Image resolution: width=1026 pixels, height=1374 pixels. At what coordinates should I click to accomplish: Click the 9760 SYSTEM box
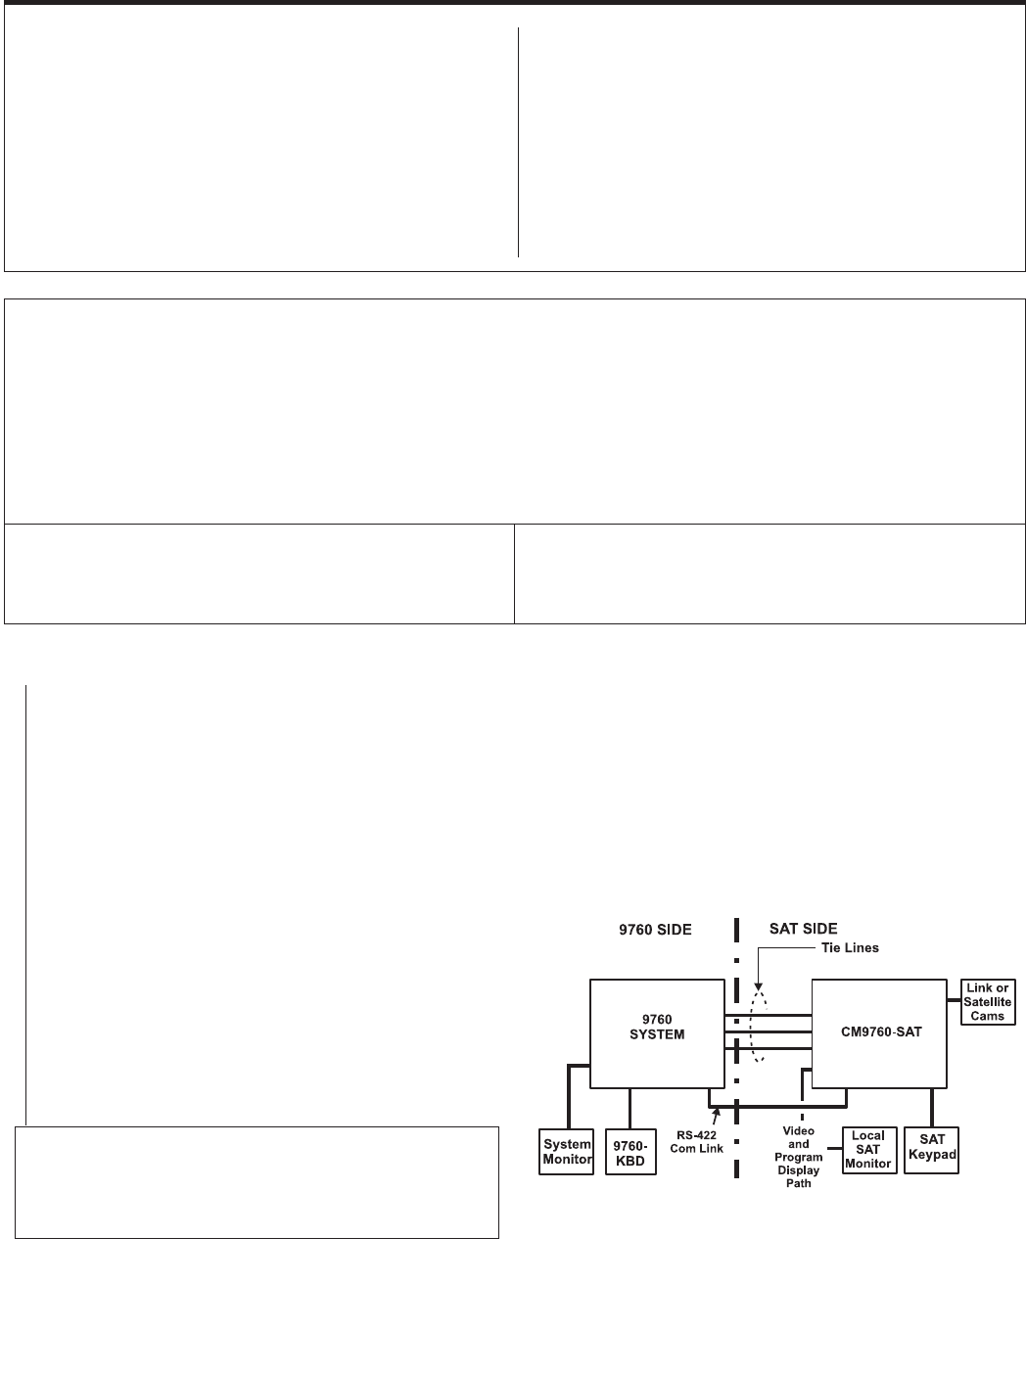click(657, 1032)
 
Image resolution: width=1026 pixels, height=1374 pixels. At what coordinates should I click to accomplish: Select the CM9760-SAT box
click(878, 1032)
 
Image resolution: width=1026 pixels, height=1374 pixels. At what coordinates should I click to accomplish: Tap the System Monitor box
click(567, 1151)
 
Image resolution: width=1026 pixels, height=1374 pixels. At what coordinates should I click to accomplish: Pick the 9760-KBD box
click(630, 1151)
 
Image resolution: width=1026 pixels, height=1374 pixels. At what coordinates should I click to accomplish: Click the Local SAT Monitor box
click(868, 1150)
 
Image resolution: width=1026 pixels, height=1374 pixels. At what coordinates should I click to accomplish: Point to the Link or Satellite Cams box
click(987, 1001)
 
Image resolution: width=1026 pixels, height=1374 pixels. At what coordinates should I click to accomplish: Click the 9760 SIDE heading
click(655, 930)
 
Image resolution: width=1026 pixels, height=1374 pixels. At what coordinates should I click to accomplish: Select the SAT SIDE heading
click(803, 929)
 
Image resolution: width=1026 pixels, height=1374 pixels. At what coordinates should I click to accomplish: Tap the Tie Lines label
click(849, 947)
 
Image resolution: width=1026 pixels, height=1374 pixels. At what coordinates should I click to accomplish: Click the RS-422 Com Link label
click(696, 1142)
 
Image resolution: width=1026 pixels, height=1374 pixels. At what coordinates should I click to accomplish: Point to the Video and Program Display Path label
click(798, 1157)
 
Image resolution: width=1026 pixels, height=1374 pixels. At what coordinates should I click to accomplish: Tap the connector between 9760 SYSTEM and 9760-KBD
click(630, 1107)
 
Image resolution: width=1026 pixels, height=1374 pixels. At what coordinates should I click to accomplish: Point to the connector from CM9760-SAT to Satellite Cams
click(955, 999)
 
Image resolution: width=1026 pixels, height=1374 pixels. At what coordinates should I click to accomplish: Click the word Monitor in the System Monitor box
click(567, 1159)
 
